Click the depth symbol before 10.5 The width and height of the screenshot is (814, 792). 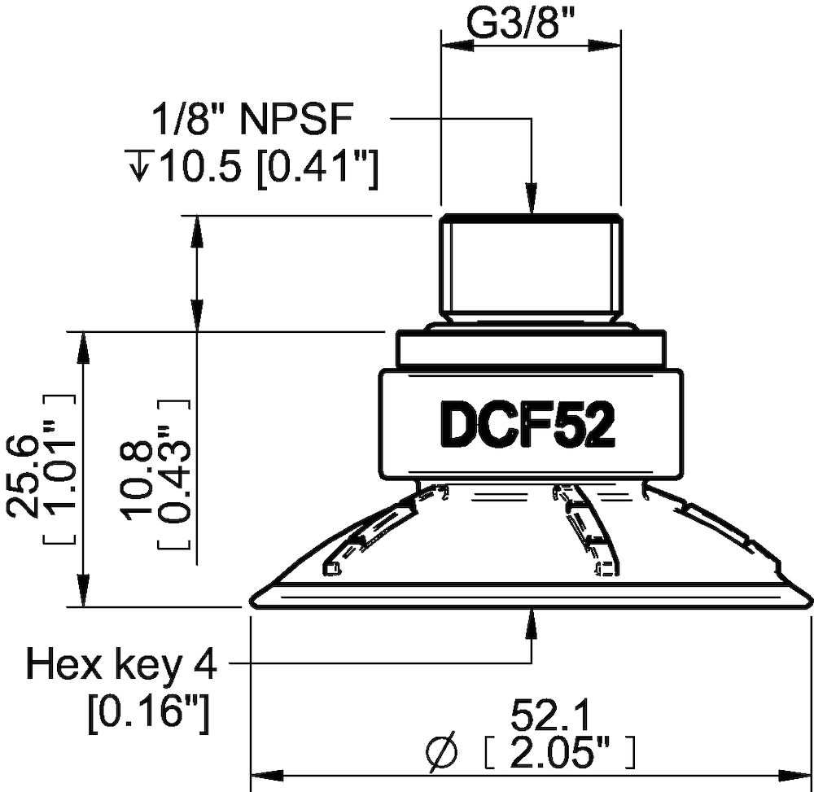[140, 169]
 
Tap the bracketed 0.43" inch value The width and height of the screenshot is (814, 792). [174, 474]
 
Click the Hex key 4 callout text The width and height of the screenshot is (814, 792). [122, 666]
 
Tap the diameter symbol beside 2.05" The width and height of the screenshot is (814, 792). [440, 751]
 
